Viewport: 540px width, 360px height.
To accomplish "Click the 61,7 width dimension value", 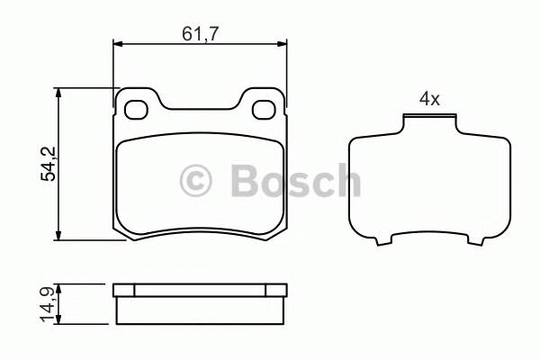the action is [200, 34].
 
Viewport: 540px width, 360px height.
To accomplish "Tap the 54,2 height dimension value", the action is [49, 164].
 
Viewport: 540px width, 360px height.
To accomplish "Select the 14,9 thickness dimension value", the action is [48, 304].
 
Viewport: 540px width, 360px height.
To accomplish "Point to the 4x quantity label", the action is [429, 100].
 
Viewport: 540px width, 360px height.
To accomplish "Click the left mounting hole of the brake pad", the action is [136, 110].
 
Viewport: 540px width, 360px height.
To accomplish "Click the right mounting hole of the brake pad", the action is [264, 110].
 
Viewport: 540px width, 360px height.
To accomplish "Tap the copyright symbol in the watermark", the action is [195, 181].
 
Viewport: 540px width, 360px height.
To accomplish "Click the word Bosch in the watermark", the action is [295, 180].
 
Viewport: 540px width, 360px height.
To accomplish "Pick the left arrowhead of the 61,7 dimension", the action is [118, 44].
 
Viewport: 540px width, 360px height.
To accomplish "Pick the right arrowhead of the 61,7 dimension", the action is [282, 44].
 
